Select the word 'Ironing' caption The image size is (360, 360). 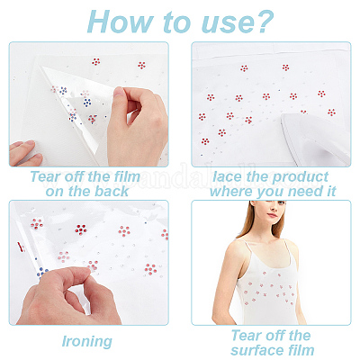87,341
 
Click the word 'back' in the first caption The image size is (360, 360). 112,191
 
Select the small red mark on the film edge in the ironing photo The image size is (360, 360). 21,247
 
